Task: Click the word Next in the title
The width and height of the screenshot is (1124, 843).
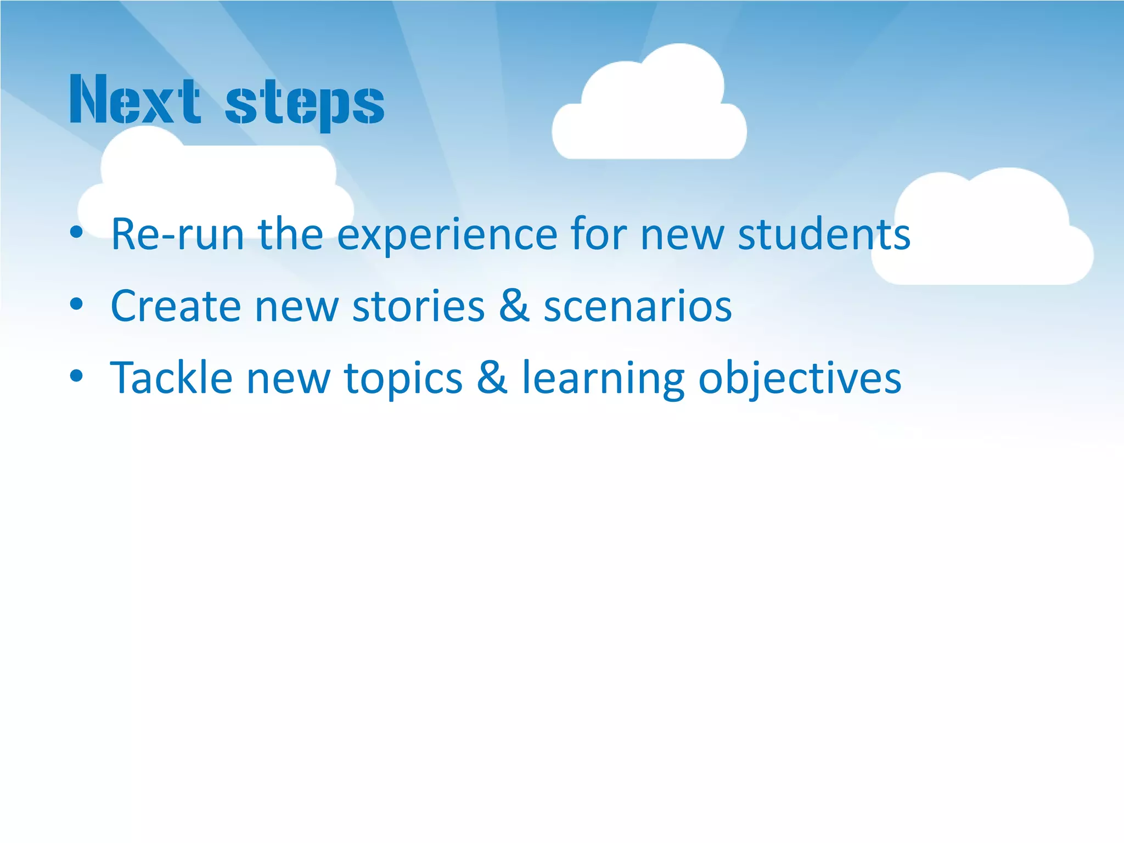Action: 134,100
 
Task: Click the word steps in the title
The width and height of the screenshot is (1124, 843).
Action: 305,103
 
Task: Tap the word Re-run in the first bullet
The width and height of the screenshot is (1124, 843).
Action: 177,234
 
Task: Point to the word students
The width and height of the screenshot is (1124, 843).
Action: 823,234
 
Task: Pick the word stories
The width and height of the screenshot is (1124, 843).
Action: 418,306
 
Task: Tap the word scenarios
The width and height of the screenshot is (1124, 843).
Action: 637,306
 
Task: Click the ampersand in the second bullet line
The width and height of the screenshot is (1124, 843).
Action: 514,306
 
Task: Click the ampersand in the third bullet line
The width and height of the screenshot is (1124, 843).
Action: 492,378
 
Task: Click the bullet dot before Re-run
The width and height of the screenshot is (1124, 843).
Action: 76,233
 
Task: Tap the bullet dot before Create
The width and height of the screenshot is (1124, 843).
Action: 76,304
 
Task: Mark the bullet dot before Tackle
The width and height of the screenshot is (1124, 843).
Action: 76,376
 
